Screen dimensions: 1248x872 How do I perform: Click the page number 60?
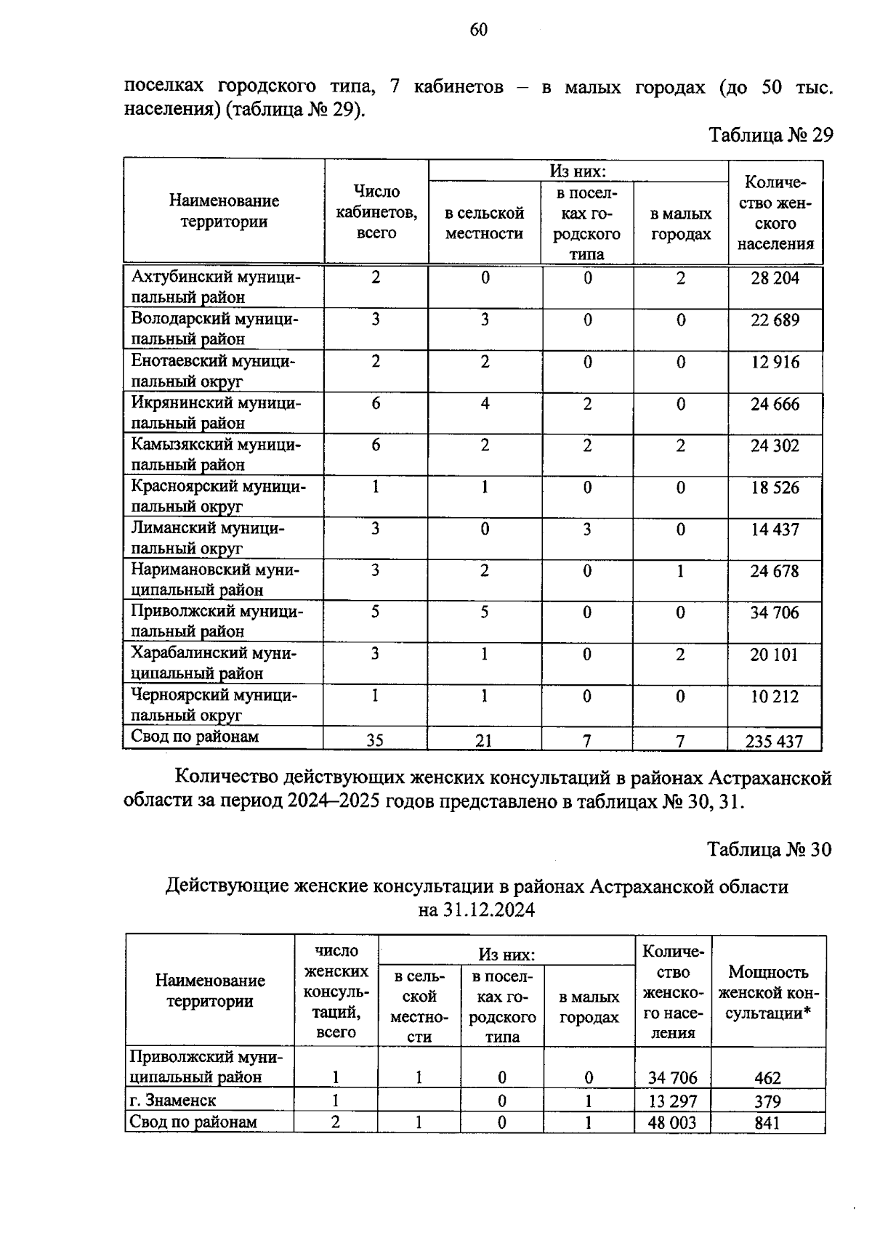478,30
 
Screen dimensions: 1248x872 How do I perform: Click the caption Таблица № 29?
770,135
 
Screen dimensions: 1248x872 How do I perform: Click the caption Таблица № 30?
770,849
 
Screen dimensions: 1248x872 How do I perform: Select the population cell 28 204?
775,278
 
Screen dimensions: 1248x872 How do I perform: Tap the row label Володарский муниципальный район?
214,329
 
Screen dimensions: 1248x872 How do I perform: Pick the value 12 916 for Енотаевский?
775,362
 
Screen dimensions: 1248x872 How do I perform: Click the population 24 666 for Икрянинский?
775,404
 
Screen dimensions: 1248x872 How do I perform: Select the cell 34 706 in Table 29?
775,613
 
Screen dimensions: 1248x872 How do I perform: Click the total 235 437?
774,741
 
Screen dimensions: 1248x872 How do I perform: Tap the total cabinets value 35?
375,740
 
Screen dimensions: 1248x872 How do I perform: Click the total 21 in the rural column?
483,740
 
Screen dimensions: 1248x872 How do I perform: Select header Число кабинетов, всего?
376,211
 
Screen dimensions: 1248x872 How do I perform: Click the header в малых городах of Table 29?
680,224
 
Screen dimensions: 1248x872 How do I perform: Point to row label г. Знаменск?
173,1100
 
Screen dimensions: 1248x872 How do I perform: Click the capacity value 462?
767,1078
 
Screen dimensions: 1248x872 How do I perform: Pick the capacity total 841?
767,1123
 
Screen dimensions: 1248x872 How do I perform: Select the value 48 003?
672,1123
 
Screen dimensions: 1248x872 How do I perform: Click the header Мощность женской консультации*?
768,992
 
